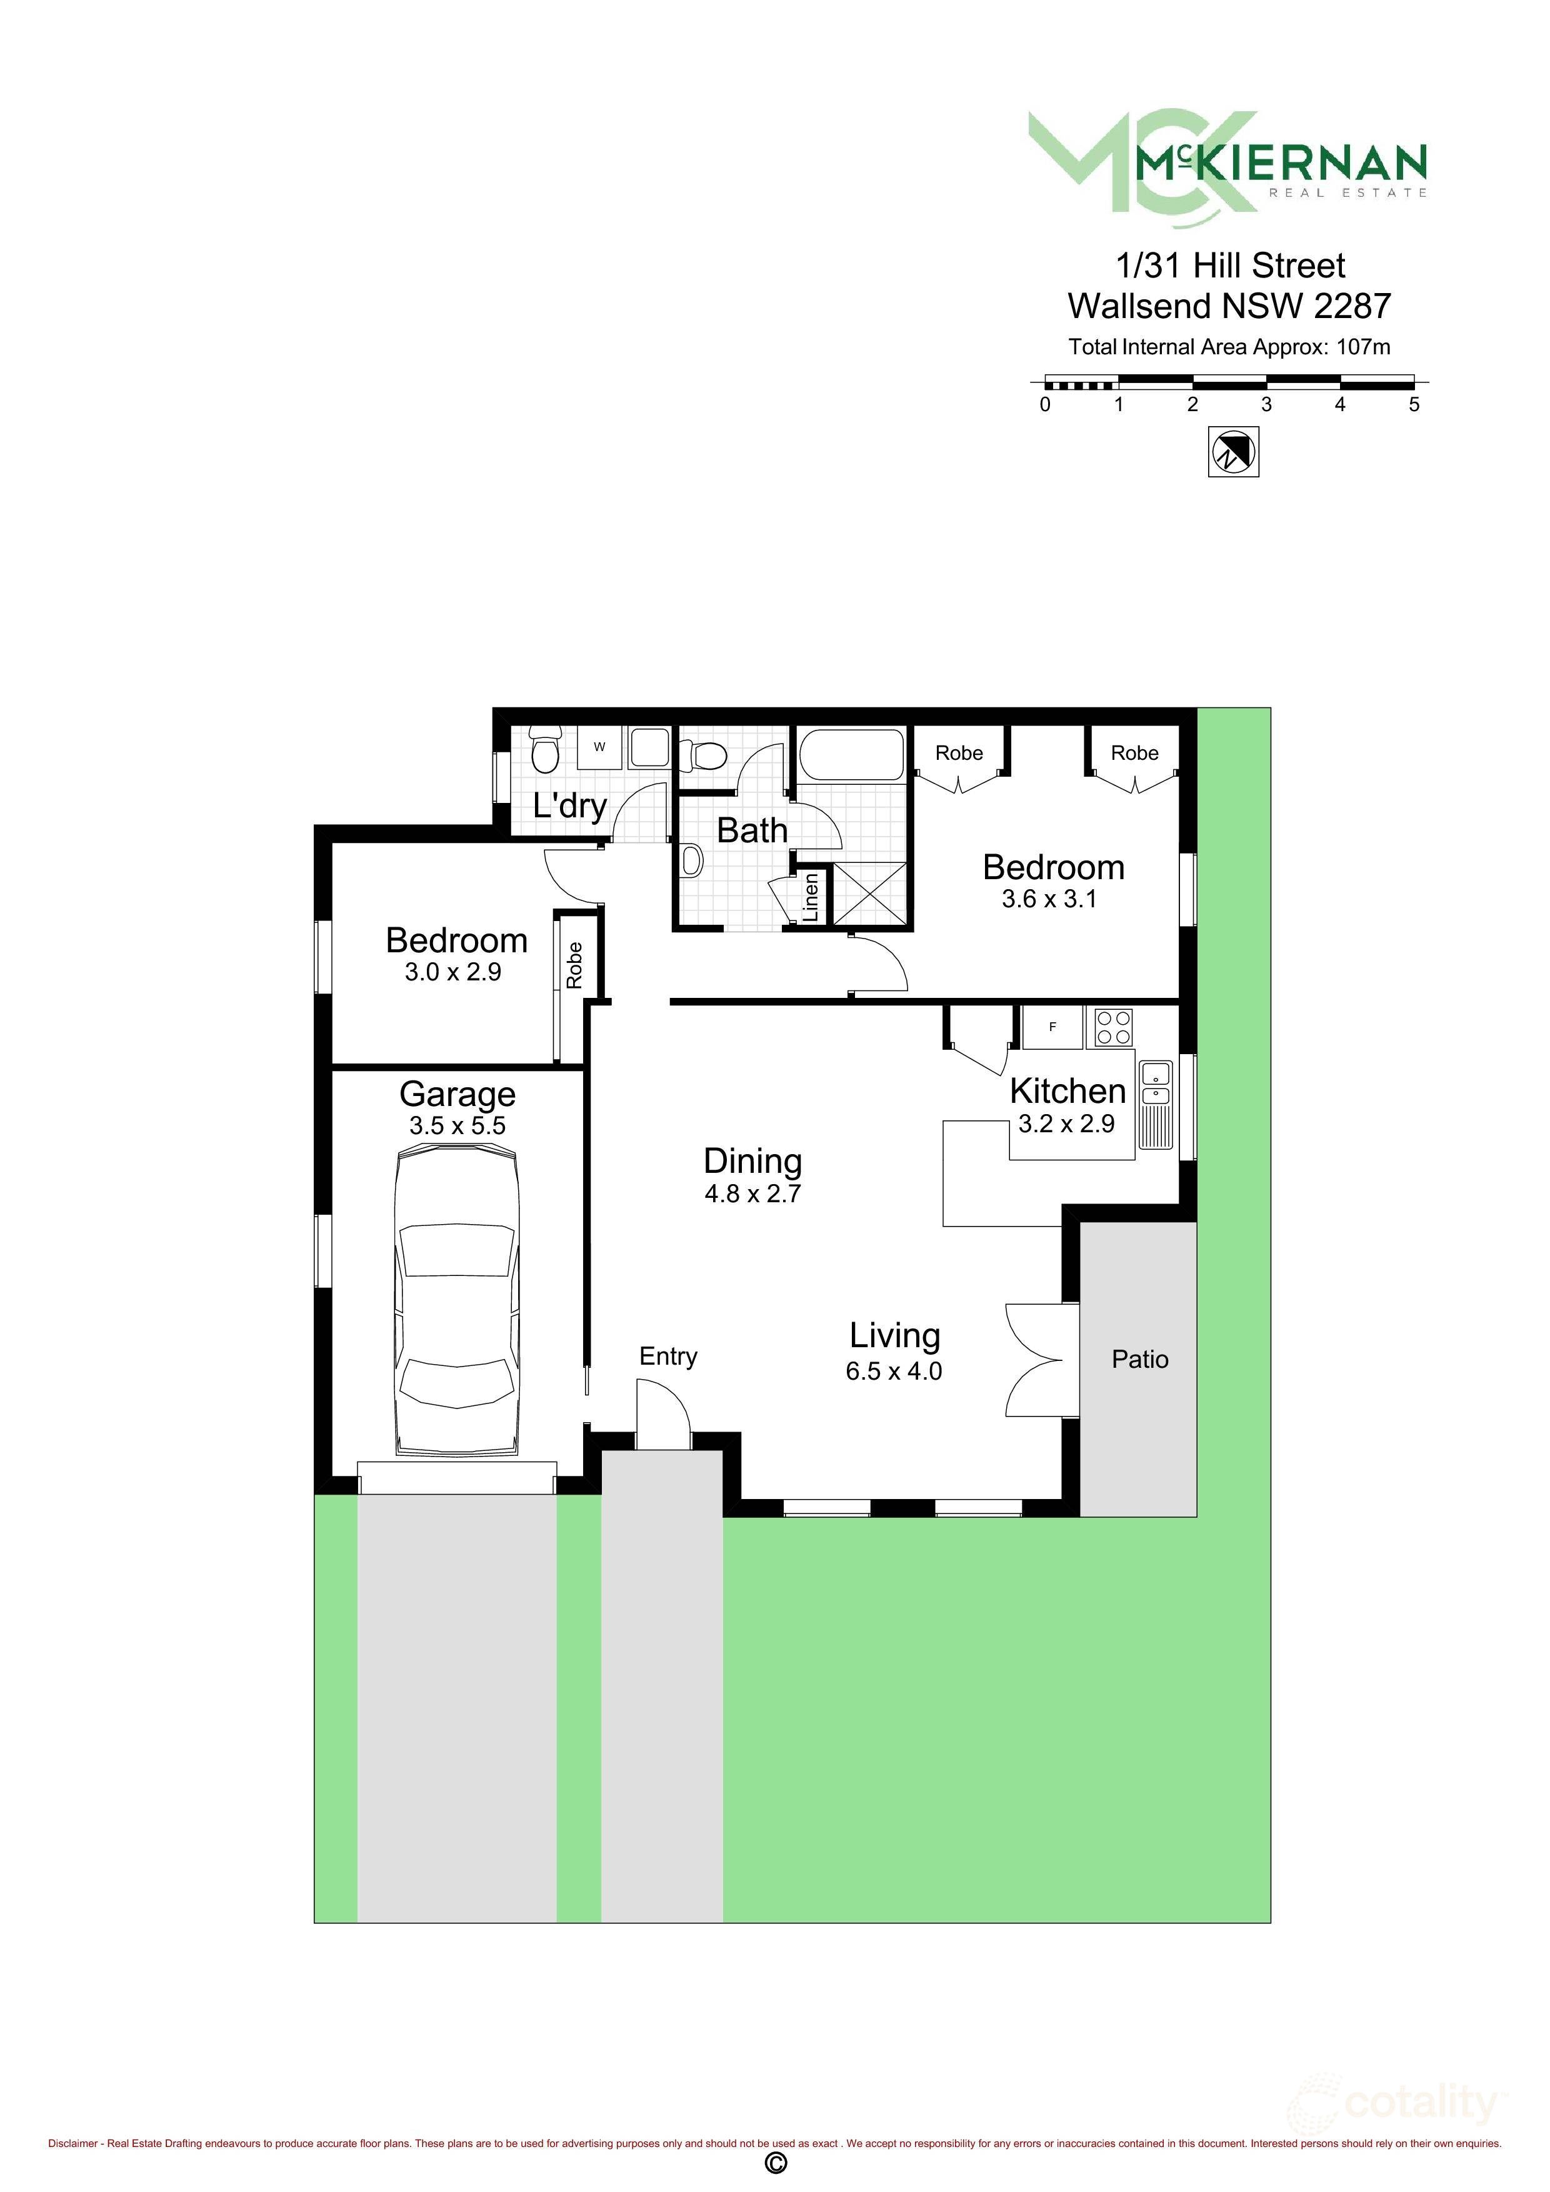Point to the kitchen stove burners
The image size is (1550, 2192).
[x=1112, y=1027]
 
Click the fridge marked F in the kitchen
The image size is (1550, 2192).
[x=1052, y=1027]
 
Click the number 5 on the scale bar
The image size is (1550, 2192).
[x=1414, y=405]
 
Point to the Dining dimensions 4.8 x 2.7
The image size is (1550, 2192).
[x=752, y=1193]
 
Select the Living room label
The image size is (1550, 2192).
[x=895, y=1335]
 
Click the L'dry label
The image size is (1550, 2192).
[x=570, y=806]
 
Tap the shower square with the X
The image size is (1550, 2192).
[x=869, y=894]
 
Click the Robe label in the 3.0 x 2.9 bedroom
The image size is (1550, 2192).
[x=574, y=965]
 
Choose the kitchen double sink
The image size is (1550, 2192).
[x=1156, y=1105]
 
